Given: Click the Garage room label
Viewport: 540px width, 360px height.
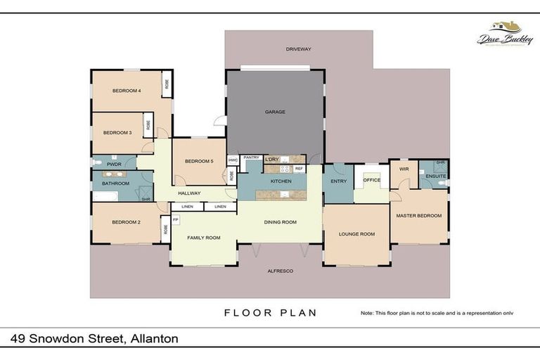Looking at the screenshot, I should (x=274, y=112).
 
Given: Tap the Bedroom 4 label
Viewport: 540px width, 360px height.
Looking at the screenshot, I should (x=127, y=91).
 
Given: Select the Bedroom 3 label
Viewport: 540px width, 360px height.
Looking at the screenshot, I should (x=117, y=132).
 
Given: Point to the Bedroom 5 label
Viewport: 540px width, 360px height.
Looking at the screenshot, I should (x=199, y=162).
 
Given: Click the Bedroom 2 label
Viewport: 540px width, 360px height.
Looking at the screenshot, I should (x=126, y=222).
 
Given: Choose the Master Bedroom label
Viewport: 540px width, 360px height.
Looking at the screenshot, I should (x=418, y=215).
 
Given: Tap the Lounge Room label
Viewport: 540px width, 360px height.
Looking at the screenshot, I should (x=356, y=233).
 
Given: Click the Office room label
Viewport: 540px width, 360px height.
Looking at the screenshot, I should (x=371, y=180).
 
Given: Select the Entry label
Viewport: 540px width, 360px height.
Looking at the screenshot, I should (x=337, y=181).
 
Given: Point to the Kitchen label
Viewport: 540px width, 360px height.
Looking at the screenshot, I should (x=281, y=181).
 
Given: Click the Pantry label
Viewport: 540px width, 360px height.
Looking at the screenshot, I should (x=251, y=157).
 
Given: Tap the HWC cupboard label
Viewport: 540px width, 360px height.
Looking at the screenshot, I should (x=233, y=160).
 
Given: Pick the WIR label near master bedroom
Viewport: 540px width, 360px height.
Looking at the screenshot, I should (x=404, y=169).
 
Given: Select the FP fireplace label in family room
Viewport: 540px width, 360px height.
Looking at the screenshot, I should (x=175, y=220).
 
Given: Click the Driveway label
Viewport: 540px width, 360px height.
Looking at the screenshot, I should (x=298, y=49).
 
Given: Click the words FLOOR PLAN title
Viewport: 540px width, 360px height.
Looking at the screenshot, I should (x=270, y=313).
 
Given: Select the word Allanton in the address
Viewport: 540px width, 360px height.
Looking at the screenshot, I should (x=152, y=339).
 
